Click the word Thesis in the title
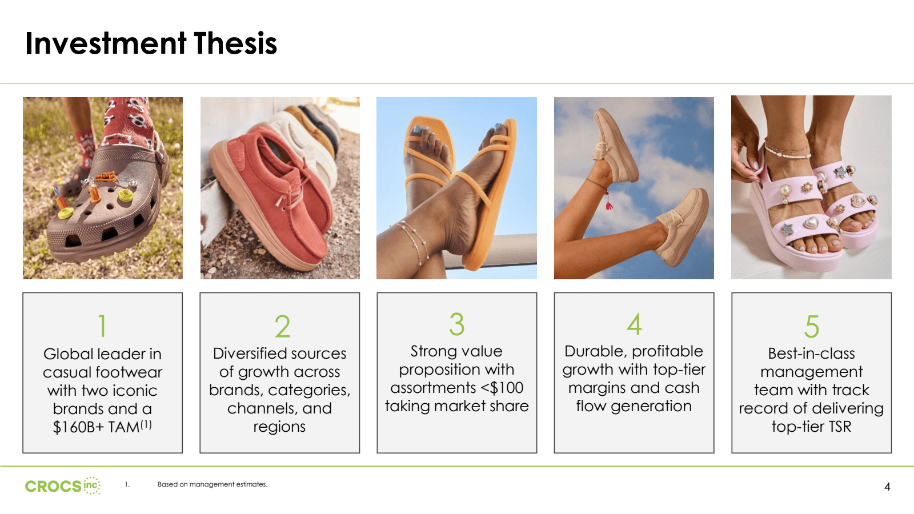point(235,43)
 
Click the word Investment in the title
point(106,43)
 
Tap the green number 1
point(102,326)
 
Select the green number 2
point(282,326)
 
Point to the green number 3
point(456,324)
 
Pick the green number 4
point(634,324)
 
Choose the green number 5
point(811,326)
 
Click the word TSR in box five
point(840,427)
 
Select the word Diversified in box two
point(249,354)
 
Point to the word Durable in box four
point(595,351)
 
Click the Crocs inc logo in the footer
point(62,486)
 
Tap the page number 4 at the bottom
point(887,487)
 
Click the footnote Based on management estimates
point(213,484)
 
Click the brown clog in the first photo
point(109,211)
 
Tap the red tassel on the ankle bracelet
point(609,204)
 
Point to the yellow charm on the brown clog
point(125,196)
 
